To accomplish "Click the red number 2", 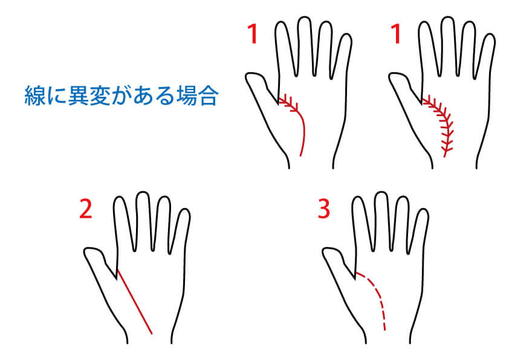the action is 86,209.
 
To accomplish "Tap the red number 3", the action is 323,208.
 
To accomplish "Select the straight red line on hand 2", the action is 134,301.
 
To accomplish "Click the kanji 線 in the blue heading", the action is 34,96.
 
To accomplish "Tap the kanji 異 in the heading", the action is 78,96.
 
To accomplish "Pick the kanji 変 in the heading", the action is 100,96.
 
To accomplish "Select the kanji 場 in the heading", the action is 186,96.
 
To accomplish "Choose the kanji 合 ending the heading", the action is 208,96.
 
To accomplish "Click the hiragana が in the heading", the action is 122,96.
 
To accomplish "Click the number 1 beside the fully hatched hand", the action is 396,34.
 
